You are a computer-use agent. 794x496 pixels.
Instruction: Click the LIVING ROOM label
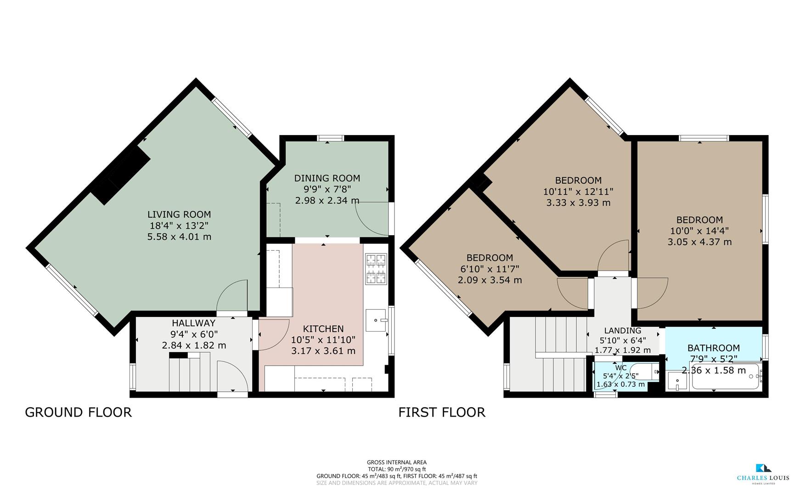click(179, 214)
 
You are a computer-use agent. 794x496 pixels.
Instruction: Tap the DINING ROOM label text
click(327, 178)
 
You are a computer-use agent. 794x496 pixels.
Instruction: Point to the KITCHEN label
click(323, 329)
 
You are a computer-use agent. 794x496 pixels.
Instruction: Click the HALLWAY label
click(193, 323)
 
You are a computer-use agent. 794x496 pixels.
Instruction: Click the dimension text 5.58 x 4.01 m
click(179, 237)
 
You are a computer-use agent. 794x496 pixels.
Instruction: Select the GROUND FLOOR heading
click(78, 412)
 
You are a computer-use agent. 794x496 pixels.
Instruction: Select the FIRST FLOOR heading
click(441, 412)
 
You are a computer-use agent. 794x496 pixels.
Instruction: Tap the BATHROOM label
click(713, 348)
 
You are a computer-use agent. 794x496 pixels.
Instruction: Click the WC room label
click(620, 368)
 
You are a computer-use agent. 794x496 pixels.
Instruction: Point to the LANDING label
click(622, 331)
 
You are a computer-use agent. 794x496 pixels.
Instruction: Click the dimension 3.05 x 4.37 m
click(699, 242)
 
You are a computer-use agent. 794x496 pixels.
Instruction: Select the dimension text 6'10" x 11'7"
click(490, 269)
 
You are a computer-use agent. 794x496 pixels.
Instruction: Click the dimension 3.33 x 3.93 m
click(578, 203)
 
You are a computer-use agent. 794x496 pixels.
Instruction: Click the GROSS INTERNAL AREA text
click(396, 462)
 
